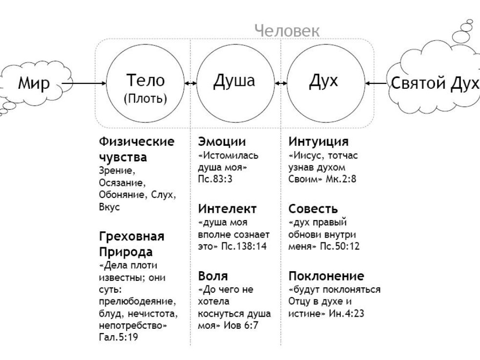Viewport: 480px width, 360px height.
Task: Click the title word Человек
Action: (287, 31)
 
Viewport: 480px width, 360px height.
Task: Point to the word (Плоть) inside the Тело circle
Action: (146, 99)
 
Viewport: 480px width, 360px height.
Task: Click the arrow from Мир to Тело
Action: (83, 83)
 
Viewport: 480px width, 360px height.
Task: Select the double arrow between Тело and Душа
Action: (190, 83)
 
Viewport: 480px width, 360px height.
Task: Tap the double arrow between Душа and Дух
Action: (281, 83)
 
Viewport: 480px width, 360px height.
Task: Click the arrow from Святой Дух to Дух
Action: (376, 83)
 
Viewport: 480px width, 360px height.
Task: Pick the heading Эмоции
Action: (222, 141)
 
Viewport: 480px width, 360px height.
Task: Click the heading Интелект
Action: (227, 209)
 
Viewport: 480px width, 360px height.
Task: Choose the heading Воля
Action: (213, 276)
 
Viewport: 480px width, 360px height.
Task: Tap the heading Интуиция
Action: (318, 141)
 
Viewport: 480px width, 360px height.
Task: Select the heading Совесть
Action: (313, 209)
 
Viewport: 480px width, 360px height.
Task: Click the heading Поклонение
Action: (326, 276)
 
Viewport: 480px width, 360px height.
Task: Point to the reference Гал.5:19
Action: (119, 337)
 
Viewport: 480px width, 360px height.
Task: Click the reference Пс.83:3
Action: (215, 179)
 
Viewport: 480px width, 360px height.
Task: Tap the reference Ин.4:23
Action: (347, 313)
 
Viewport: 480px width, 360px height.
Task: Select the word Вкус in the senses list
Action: (109, 207)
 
